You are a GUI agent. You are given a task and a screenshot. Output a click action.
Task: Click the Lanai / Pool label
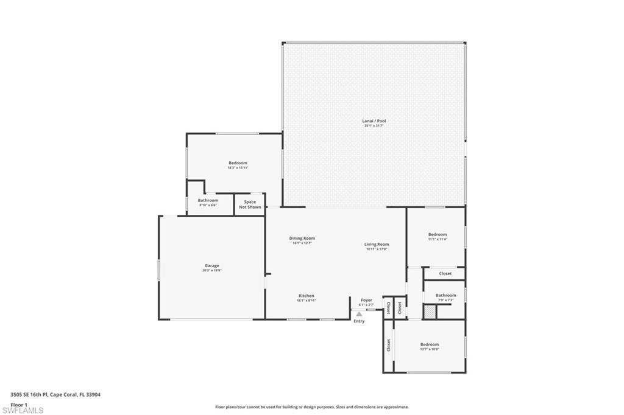(x=374, y=121)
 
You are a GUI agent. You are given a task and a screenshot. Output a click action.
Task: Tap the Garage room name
(x=212, y=265)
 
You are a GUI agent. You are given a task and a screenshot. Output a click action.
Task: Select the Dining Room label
(x=302, y=238)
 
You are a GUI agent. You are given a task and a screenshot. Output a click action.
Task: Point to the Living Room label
(x=377, y=244)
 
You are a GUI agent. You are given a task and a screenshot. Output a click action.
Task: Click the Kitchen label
(x=306, y=296)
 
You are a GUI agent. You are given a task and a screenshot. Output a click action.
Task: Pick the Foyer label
(x=366, y=300)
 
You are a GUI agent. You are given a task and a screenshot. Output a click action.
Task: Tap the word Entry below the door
(x=360, y=321)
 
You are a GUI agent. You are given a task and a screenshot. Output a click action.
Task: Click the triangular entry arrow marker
(x=359, y=314)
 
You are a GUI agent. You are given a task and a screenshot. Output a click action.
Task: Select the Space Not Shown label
(x=250, y=204)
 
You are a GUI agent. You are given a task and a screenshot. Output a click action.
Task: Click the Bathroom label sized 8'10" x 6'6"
(x=208, y=200)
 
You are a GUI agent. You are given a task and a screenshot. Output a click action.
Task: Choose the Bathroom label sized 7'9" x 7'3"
(x=445, y=296)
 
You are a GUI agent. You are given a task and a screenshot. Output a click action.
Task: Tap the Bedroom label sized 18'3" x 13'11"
(x=238, y=162)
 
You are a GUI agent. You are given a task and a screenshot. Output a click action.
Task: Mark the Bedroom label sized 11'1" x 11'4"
(x=438, y=234)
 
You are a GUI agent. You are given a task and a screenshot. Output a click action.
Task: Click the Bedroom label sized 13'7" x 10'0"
(x=429, y=344)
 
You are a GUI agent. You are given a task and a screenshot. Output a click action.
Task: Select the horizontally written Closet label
(x=445, y=273)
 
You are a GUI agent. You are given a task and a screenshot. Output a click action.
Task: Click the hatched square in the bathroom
(x=430, y=312)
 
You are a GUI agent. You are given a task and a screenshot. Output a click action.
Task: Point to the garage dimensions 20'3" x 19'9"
(x=212, y=270)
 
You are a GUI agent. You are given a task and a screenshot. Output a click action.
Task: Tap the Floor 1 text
(x=19, y=404)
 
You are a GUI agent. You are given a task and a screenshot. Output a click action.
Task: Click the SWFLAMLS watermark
(x=23, y=410)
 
